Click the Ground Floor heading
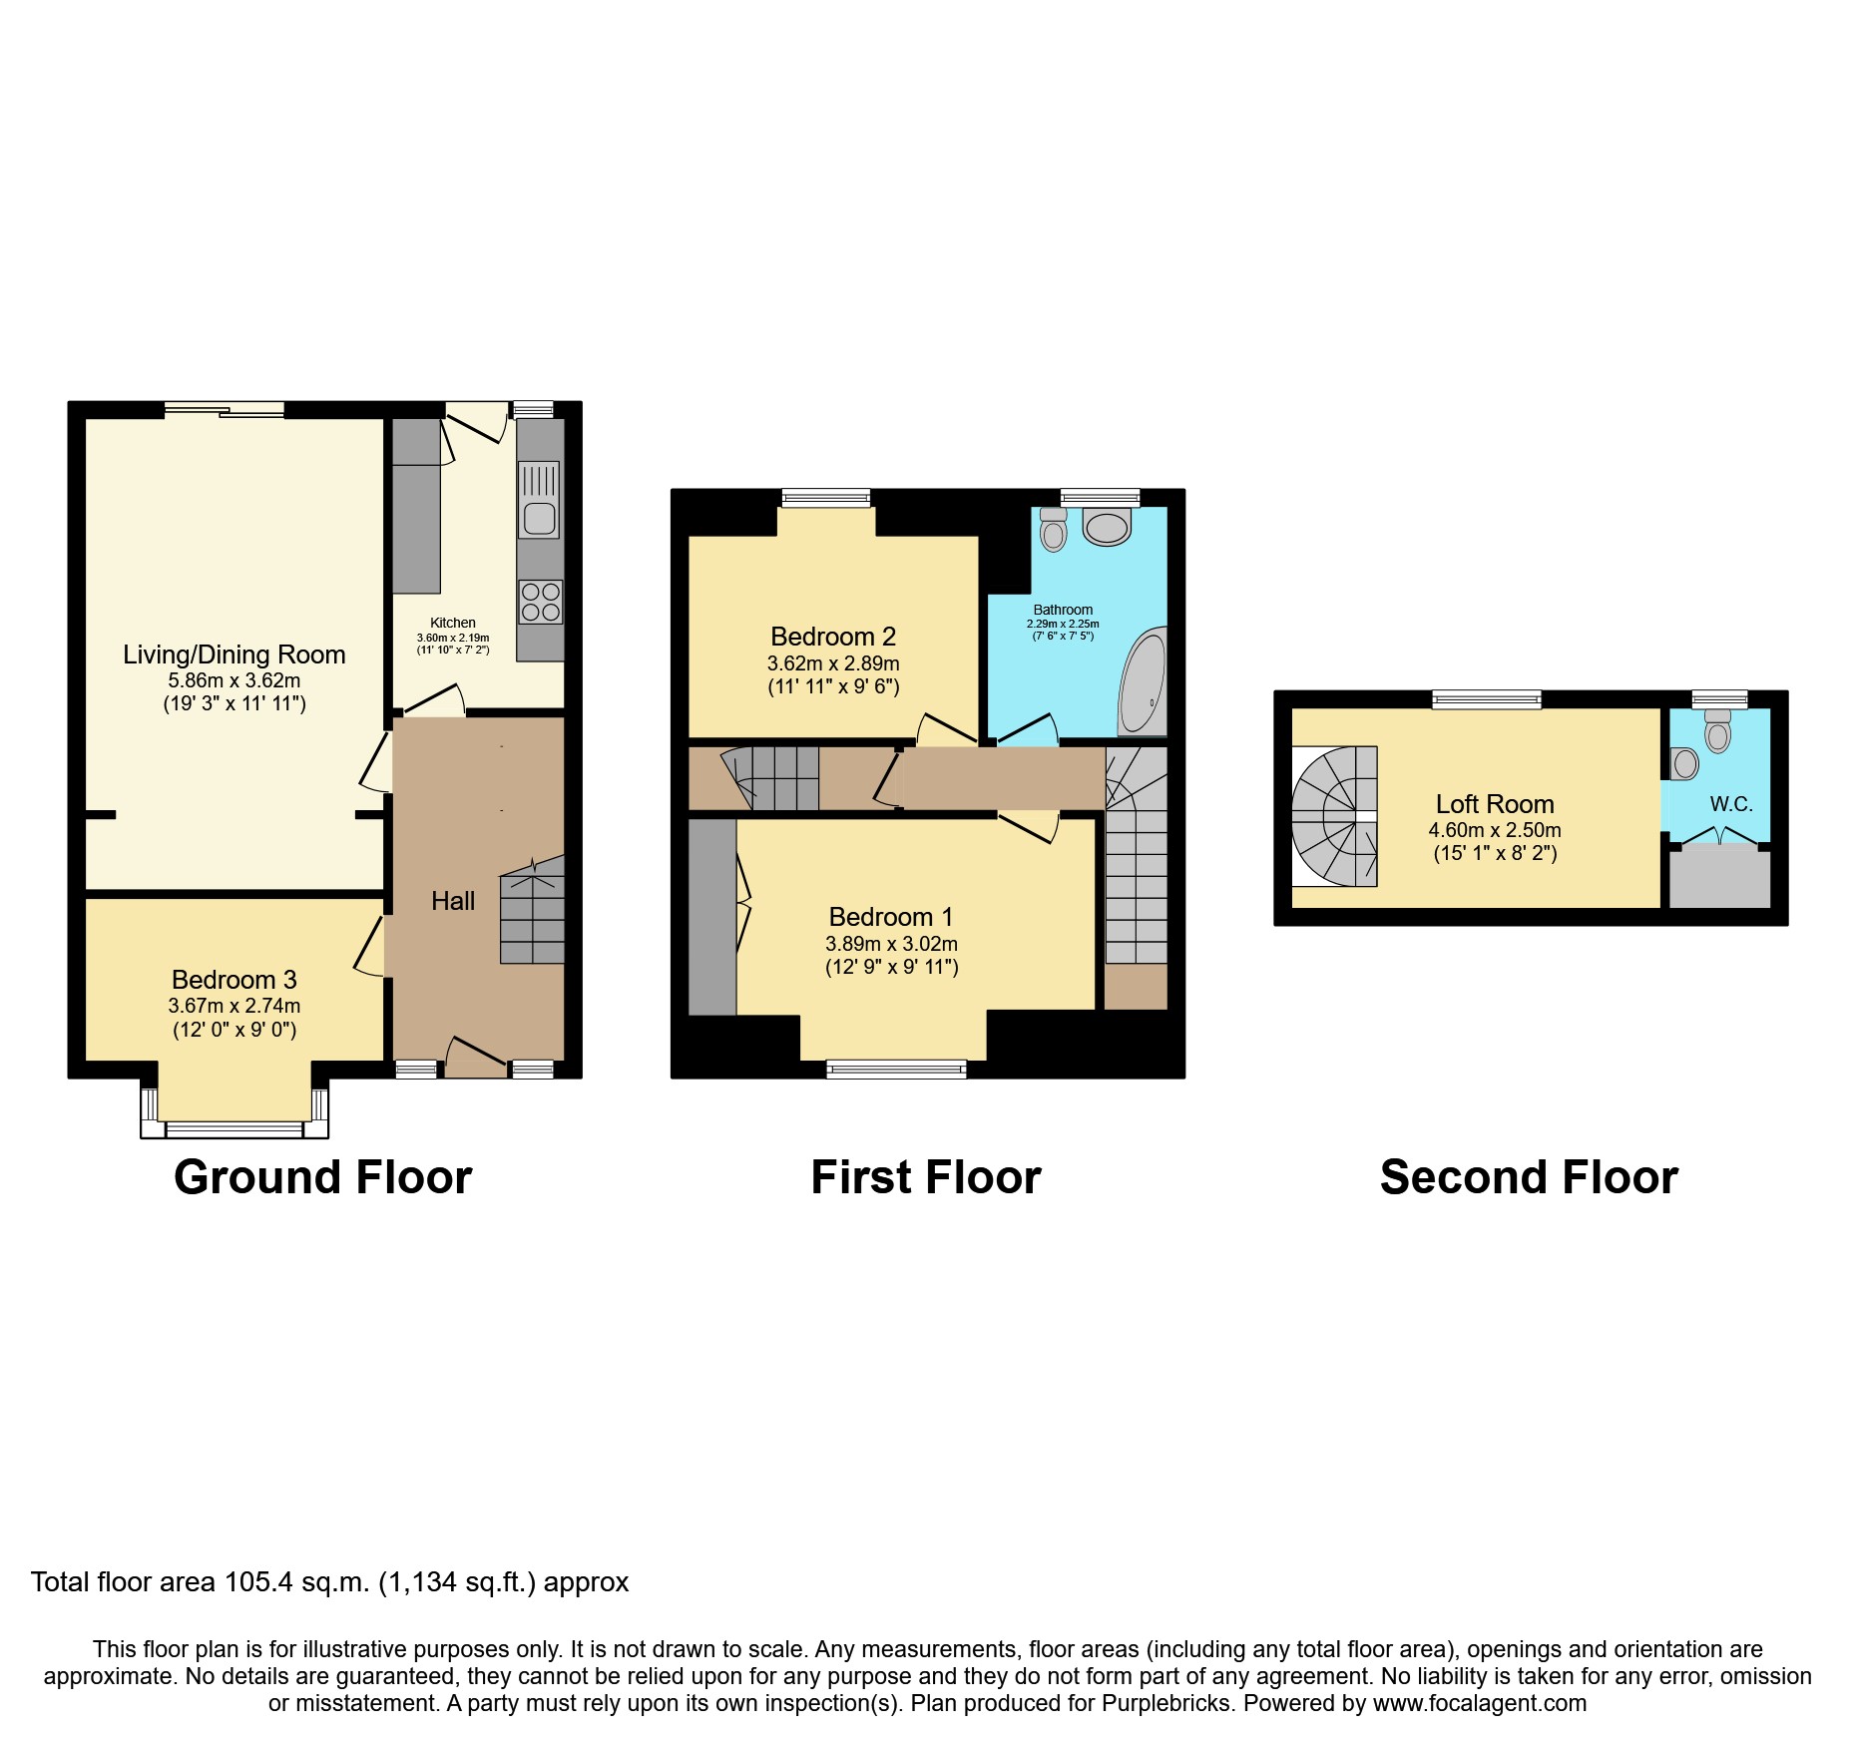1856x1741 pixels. pos(322,1177)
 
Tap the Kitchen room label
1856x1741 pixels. pos(452,623)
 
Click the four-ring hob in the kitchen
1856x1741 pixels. pos(540,602)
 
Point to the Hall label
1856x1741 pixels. pos(452,901)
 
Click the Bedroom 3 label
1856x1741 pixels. pos(233,980)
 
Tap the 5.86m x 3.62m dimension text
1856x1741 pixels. pos(233,680)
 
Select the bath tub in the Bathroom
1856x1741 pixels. pos(1144,684)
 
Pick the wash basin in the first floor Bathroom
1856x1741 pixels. pos(1107,526)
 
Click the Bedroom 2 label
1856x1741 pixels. pos(832,637)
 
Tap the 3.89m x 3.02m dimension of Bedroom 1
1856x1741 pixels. pos(891,944)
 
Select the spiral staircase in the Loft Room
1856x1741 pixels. pos(1335,816)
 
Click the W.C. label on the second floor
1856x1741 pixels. pos(1730,804)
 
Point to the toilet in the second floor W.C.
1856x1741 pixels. pos(1717,733)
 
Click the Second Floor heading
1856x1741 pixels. pos(1528,1177)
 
